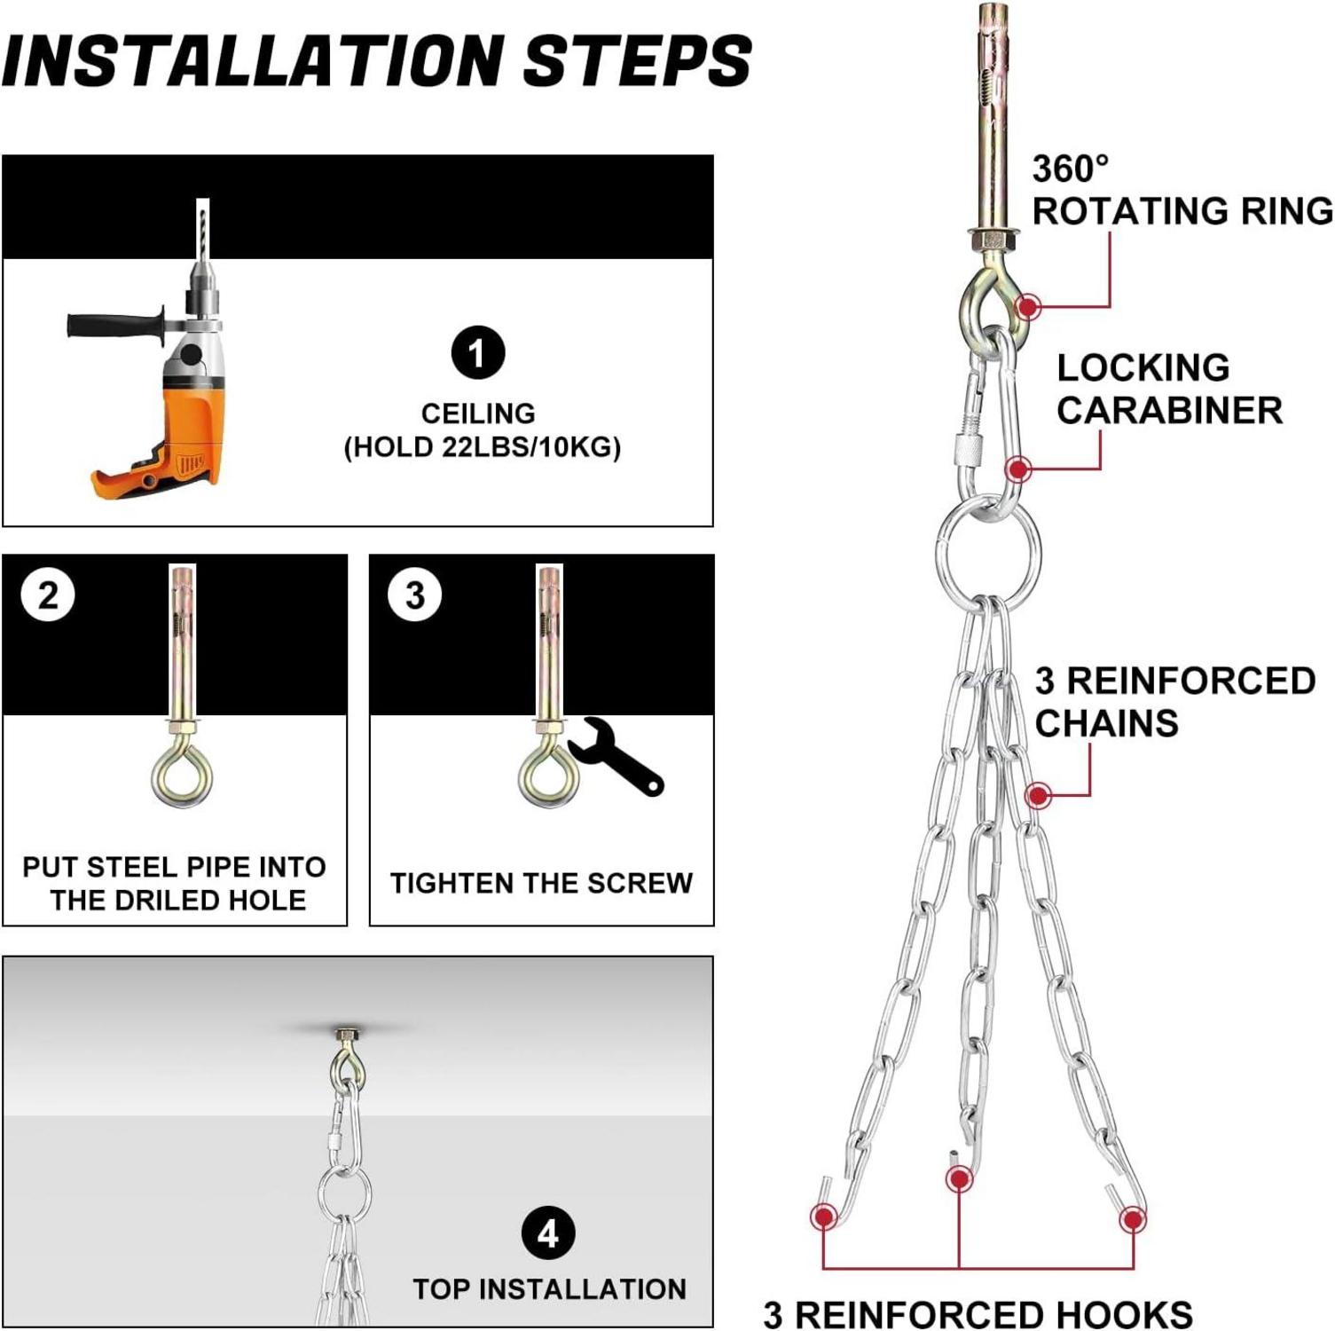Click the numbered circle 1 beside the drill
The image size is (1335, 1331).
(x=478, y=352)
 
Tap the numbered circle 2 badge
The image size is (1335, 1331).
(x=48, y=595)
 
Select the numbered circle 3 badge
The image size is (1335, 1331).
(x=415, y=595)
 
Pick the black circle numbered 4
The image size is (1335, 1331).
(x=548, y=1233)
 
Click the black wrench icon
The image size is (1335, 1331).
(x=616, y=757)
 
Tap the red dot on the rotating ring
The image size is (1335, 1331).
(x=1028, y=306)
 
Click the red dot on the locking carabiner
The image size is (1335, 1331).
(x=1018, y=469)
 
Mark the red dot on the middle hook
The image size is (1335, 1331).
(x=959, y=1179)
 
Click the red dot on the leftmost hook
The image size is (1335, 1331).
(x=824, y=1216)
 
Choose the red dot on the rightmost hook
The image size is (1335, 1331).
(x=1133, y=1220)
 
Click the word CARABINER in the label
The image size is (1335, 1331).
(x=1169, y=410)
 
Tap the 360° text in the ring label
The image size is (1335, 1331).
(x=1071, y=169)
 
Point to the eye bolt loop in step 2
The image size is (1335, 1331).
(x=182, y=774)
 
